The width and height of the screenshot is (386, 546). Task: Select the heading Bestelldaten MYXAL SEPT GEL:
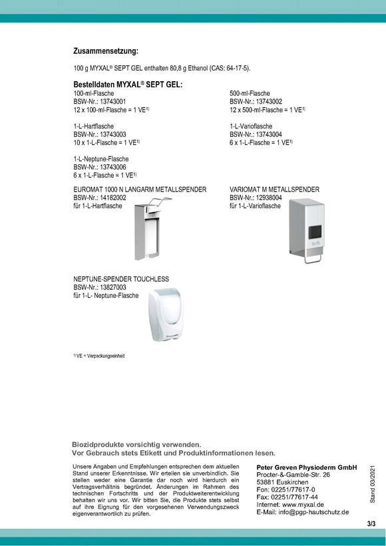[x=128, y=84]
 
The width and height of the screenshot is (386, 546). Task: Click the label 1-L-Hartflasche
[x=94, y=126]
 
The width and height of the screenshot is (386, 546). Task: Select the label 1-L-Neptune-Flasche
[x=101, y=159]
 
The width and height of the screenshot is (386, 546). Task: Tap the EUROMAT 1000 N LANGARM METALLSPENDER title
[x=140, y=190]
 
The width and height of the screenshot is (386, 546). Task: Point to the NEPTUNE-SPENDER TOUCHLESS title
[x=121, y=279]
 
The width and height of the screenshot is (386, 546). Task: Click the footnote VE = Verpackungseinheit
[x=100, y=356]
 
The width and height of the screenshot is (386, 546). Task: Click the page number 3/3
[x=371, y=524]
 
